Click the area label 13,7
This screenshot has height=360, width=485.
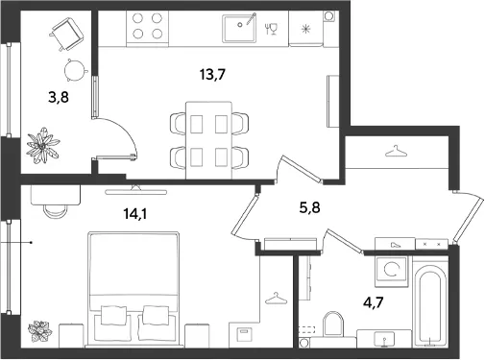click(212, 75)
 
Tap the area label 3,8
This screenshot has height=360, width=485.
click(59, 97)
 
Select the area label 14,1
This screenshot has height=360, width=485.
click(135, 214)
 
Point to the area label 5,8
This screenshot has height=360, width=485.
click(309, 208)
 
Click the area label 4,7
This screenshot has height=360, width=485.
click(374, 301)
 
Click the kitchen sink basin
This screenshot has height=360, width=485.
click(239, 27)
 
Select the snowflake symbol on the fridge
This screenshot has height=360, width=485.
click(306, 30)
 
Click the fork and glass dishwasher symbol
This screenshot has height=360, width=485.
click(271, 29)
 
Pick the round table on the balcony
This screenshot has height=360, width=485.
click(76, 70)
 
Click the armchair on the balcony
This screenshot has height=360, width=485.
click(67, 34)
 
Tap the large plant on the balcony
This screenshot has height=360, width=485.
click(42, 145)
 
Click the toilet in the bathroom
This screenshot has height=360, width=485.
click(333, 324)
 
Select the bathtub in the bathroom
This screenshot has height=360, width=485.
click(430, 305)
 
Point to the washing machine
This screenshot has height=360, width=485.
click(392, 271)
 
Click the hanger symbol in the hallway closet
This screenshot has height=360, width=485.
click(396, 152)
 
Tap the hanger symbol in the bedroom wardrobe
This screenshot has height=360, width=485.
click(276, 299)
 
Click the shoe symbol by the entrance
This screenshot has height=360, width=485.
click(395, 245)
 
